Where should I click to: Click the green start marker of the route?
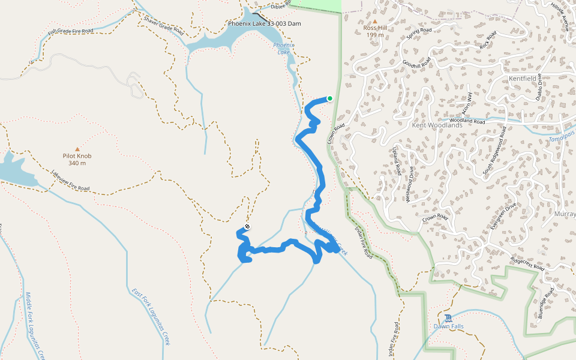329,98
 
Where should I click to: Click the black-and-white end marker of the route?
247,227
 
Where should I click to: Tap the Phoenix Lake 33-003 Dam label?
264,24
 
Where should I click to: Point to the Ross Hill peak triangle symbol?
374,21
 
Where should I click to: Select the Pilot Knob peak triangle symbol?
77,149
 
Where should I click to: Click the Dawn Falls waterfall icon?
449,317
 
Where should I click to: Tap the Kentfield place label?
526,79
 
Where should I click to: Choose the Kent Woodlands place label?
437,125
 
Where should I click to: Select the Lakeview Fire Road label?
70,181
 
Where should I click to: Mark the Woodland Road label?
467,121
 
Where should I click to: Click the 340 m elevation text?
77,163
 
